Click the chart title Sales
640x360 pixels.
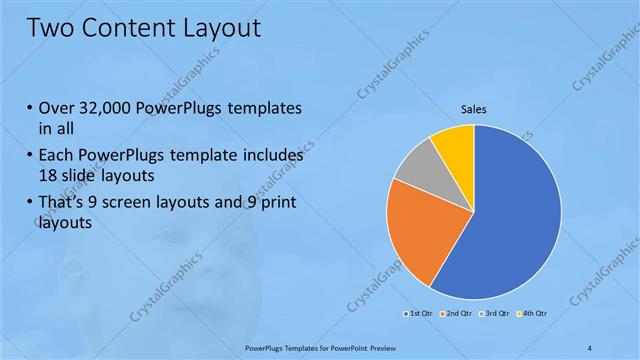pyautogui.click(x=473, y=109)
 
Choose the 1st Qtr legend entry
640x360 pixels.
pyautogui.click(x=416, y=313)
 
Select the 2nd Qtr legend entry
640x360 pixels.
pyautogui.click(x=456, y=313)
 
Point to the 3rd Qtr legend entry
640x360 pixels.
pyautogui.click(x=496, y=313)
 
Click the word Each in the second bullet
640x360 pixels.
pyautogui.click(x=56, y=156)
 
